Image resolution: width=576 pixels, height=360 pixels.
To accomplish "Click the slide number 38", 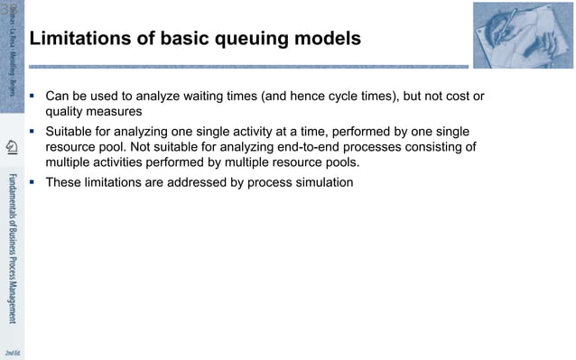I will [8, 8].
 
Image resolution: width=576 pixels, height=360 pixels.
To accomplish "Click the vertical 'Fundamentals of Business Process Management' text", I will [12, 244].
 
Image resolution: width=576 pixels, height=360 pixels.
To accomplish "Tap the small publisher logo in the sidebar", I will [12, 147].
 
